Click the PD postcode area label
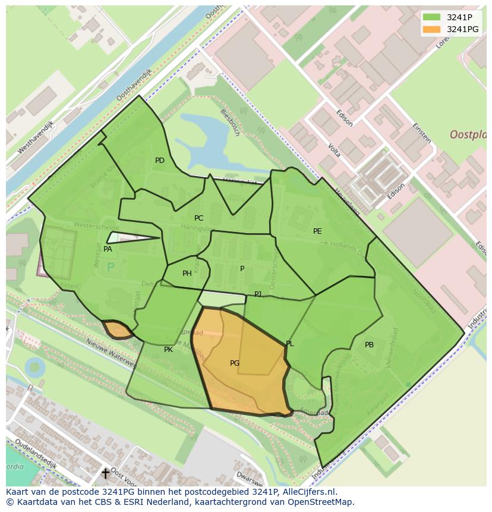159,161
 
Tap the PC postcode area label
198,218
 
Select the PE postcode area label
317,231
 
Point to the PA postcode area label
108,249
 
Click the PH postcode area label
187,274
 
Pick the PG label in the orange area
235,363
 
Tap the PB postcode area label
369,345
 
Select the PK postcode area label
168,350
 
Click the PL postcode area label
290,344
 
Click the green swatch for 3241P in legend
432,17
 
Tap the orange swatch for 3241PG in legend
432,29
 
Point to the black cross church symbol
105,473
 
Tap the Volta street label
334,150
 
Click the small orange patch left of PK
116,329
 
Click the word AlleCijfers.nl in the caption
310,492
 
